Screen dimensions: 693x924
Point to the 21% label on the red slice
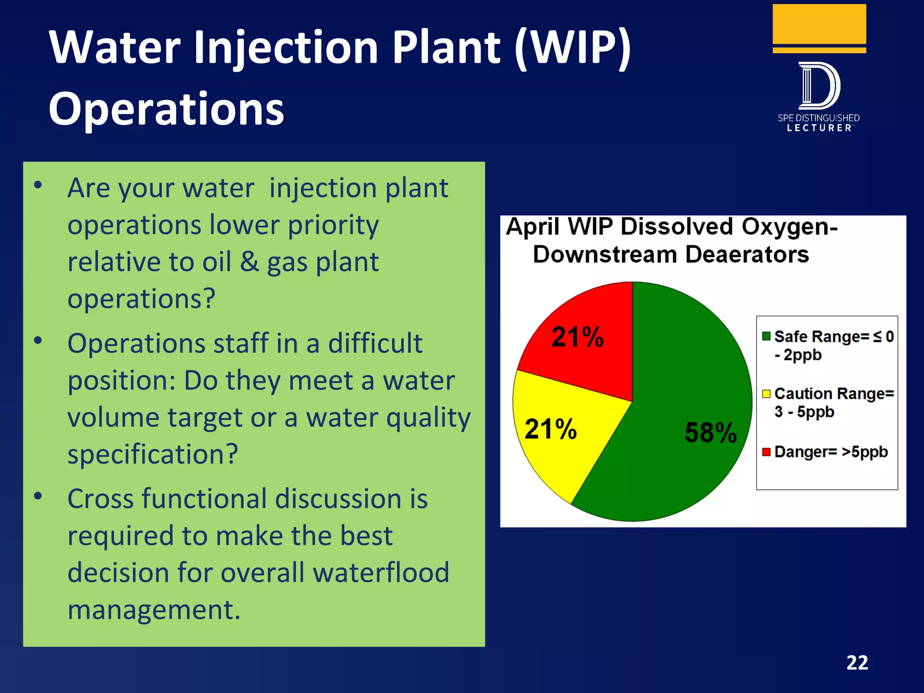[x=577, y=337]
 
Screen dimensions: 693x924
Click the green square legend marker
[x=766, y=336]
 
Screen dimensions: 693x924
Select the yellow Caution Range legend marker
[x=766, y=394]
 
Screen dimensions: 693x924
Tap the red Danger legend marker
[x=766, y=452]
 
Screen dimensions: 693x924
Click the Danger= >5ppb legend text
[x=831, y=452]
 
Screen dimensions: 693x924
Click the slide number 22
[x=857, y=663]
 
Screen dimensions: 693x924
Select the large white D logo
[x=819, y=86]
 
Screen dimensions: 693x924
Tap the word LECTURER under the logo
[x=819, y=128]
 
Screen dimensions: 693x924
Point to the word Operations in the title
[x=166, y=109]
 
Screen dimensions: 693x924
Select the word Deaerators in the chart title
[x=747, y=254]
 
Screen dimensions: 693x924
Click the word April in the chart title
[x=532, y=226]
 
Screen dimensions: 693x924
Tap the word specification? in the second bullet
[x=152, y=454]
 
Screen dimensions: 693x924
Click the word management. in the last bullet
[x=154, y=610]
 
